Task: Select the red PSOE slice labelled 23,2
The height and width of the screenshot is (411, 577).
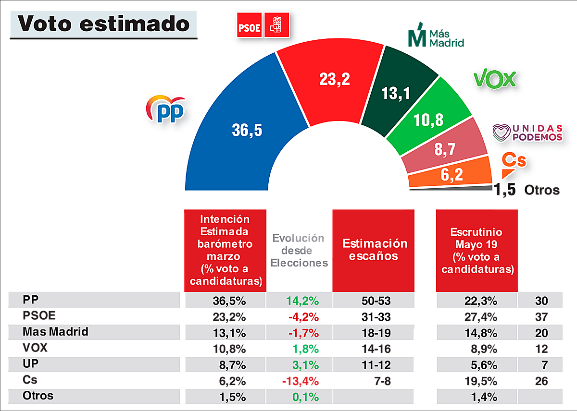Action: click(332, 82)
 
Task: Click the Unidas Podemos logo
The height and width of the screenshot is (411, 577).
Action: click(528, 133)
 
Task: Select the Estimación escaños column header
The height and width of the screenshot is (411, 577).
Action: click(374, 250)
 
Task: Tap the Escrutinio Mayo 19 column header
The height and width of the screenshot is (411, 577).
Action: click(477, 250)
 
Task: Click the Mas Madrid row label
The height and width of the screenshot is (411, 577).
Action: click(55, 332)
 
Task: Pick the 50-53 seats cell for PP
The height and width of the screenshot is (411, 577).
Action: click(374, 301)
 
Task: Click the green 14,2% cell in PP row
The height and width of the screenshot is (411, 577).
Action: click(302, 301)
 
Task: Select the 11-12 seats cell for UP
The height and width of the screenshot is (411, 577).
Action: click(374, 364)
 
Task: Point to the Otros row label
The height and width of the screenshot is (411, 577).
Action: click(38, 396)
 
